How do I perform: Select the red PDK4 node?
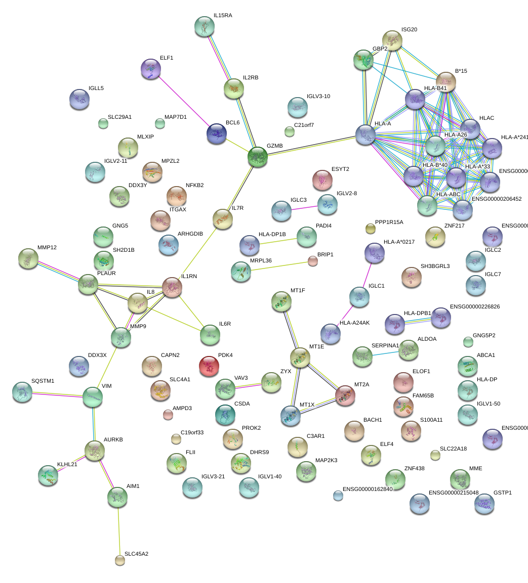[x=209, y=366]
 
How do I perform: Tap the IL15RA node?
[x=205, y=26]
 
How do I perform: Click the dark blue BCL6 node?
[x=217, y=133]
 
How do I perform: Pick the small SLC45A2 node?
[x=119, y=560]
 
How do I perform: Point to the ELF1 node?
[x=150, y=69]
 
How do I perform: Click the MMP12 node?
[x=28, y=258]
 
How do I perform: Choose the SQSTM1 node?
[x=22, y=391]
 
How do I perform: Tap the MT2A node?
[x=345, y=395]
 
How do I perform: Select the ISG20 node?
[x=392, y=40]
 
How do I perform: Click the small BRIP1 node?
[x=313, y=261]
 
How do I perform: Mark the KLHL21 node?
[x=48, y=475]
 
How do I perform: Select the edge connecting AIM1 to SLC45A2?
[x=118, y=528]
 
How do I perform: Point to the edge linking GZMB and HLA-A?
[x=311, y=145]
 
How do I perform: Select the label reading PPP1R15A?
[x=389, y=222]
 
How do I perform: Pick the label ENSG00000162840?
[x=368, y=489]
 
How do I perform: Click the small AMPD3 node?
[x=168, y=415]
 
